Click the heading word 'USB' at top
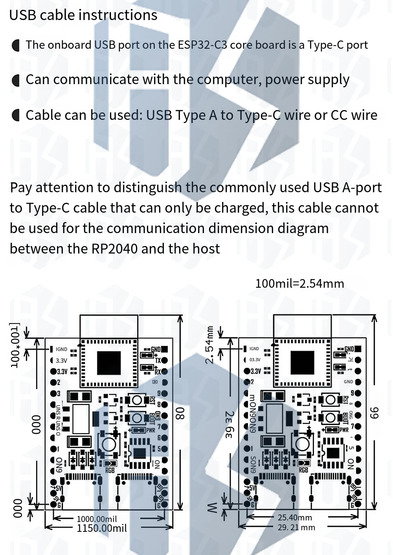coord(22,15)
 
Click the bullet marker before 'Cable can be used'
coord(16,116)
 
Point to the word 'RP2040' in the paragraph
coord(114,249)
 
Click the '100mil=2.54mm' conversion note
coord(299,283)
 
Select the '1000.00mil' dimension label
coord(97,519)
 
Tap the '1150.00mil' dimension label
coord(102,528)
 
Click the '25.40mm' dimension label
coord(295,518)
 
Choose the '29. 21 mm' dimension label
coord(296,527)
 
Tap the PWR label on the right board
coord(344,430)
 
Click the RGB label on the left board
coord(110,470)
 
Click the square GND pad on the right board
coord(358,349)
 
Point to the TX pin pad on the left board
coord(164,360)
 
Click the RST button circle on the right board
coord(331,400)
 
